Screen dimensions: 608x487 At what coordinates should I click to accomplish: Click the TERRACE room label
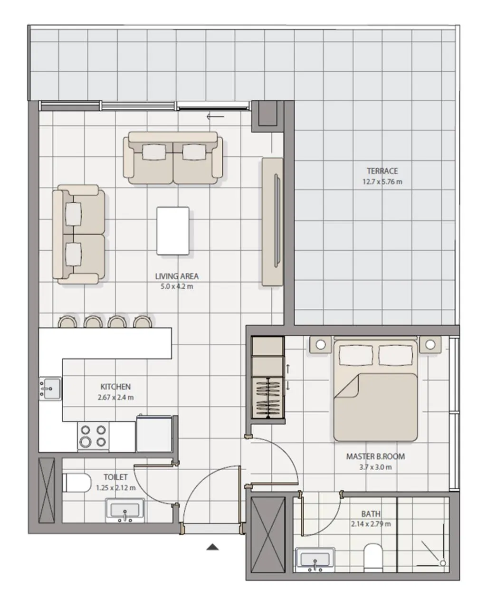coord(382,171)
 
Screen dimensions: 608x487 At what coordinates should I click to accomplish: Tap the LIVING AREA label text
coord(177,276)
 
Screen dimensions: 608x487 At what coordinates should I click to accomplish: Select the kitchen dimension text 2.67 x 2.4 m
coord(115,397)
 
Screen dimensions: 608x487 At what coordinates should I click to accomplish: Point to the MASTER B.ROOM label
coord(375,456)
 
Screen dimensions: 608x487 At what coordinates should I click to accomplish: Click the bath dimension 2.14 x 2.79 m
coord(371,524)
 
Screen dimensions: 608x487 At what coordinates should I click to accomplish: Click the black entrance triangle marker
coord(212,547)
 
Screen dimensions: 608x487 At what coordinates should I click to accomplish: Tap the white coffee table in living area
coord(173,231)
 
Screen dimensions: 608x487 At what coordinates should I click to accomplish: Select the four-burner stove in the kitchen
coord(93,436)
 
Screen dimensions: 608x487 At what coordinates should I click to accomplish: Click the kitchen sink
coord(50,388)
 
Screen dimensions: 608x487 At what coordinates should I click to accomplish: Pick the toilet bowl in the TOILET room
coord(76,483)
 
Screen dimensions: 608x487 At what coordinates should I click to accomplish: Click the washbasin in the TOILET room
coord(125,511)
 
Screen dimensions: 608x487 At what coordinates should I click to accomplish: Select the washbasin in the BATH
coord(315,560)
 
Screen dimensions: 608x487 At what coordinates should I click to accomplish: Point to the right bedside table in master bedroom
coord(430,344)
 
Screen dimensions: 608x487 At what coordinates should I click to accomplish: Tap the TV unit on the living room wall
coord(272,222)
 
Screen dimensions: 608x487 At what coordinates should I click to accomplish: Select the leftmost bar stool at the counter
coord(67,322)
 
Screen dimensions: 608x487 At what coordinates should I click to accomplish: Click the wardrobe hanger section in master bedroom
coord(268,397)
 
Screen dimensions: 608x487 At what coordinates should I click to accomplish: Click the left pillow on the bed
coord(355,354)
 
